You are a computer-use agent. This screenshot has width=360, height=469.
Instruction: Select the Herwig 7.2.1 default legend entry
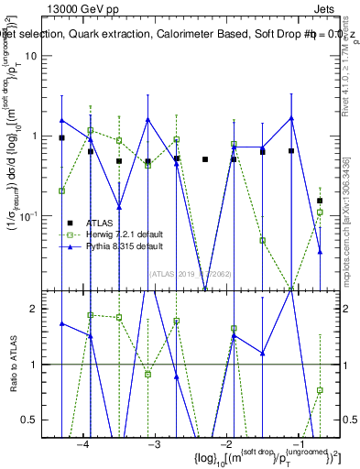click(123, 235)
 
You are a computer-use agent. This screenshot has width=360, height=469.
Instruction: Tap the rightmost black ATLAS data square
click(320, 200)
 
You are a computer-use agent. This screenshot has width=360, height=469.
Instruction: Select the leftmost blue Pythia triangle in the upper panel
click(62, 120)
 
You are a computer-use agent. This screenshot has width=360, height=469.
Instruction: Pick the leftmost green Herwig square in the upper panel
click(62, 191)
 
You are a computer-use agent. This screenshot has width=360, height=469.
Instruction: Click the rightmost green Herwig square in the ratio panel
click(320, 390)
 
